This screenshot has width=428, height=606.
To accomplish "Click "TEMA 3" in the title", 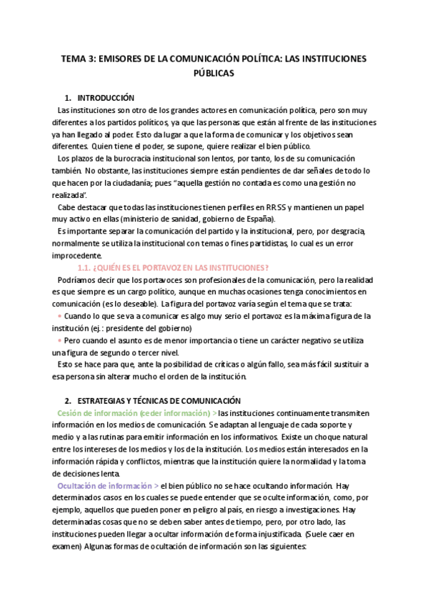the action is pyautogui.click(x=75, y=60).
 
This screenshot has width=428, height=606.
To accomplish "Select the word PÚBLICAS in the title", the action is pyautogui.click(x=214, y=73).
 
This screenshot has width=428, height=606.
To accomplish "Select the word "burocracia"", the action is pyautogui.click(x=119, y=158).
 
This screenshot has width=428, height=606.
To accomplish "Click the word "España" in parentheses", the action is pyautogui.click(x=267, y=219).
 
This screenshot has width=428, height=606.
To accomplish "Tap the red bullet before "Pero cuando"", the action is pyautogui.click(x=59, y=340).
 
